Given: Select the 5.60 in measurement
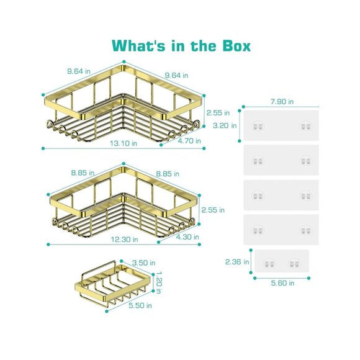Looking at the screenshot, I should [282, 283].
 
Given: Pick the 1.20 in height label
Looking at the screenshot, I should [158, 281].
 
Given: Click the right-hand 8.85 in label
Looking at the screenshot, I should [168, 173].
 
